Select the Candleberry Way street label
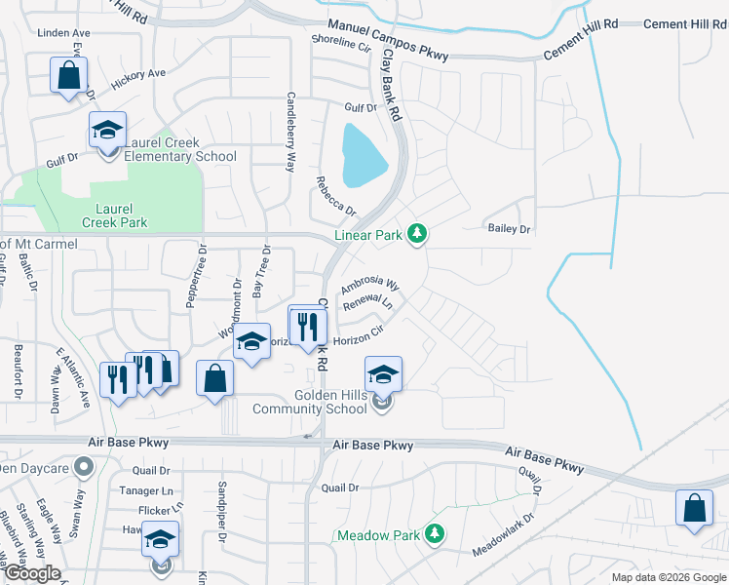click(289, 132)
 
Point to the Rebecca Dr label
click(335, 196)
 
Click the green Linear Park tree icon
click(417, 234)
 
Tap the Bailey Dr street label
click(509, 229)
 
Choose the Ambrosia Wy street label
click(370, 287)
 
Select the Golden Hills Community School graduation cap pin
click(383, 374)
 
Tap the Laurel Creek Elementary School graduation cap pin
click(107, 130)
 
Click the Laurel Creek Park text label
click(114, 215)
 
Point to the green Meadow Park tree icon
click(435, 534)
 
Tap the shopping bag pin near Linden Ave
click(68, 74)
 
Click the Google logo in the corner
click(32, 573)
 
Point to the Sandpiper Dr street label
click(222, 524)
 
